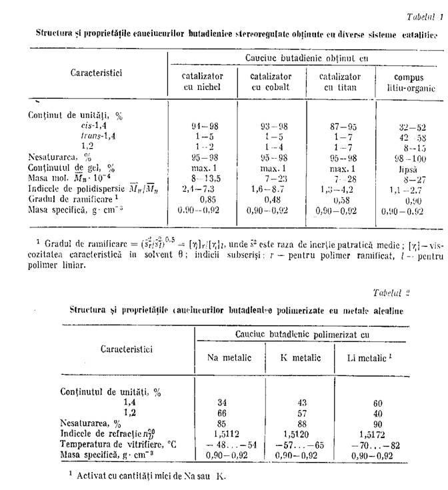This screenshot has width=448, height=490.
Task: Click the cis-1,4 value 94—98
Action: (203, 127)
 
